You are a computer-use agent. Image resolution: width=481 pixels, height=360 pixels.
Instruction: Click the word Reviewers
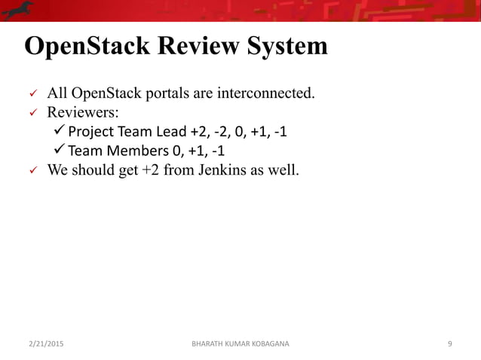[x=82, y=114]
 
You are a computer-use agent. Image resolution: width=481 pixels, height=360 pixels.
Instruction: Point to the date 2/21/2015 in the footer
[x=45, y=343]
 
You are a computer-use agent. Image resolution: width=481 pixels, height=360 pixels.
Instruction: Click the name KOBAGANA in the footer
[x=262, y=343]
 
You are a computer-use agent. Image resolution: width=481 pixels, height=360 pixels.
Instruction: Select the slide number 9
[x=449, y=343]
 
